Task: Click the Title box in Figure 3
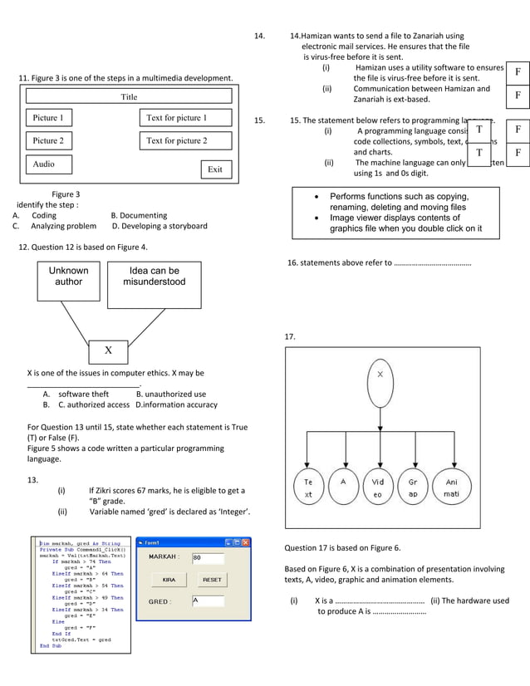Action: (129, 97)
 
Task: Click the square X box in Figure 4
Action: (108, 350)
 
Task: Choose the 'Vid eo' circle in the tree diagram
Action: (378, 488)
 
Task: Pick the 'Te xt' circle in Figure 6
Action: (308, 488)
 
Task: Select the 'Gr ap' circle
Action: (413, 488)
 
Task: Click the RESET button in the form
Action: (212, 580)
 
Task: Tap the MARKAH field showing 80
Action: (208, 558)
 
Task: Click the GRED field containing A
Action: (208, 600)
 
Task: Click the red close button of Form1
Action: (245, 542)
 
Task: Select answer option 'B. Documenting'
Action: (139, 215)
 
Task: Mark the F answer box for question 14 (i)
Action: (518, 73)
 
